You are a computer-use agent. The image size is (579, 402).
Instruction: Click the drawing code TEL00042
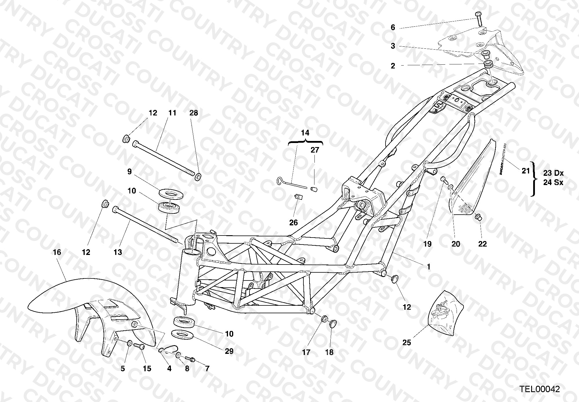(540, 389)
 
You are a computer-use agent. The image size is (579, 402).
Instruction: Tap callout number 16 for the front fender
(57, 252)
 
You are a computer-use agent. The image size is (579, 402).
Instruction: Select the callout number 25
(407, 343)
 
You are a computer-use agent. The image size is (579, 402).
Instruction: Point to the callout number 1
(429, 267)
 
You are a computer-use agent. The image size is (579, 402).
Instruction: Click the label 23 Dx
(553, 173)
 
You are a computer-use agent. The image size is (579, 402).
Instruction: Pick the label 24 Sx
(553, 183)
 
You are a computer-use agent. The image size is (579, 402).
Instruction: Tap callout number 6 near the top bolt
(393, 28)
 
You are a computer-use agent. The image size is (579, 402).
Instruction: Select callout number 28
(193, 113)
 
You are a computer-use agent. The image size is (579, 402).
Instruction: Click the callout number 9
(129, 172)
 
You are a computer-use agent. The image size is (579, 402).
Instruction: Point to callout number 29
(229, 351)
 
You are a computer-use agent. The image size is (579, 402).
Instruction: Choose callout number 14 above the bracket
(305, 133)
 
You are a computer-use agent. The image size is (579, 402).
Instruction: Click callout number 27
(315, 150)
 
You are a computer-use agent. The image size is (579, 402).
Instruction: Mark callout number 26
(294, 222)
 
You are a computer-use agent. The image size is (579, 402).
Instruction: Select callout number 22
(482, 244)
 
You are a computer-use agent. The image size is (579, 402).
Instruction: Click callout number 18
(329, 352)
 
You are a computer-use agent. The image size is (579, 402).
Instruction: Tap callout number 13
(118, 252)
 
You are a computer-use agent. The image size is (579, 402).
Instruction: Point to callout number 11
(172, 113)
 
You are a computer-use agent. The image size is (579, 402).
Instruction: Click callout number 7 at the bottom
(207, 369)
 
